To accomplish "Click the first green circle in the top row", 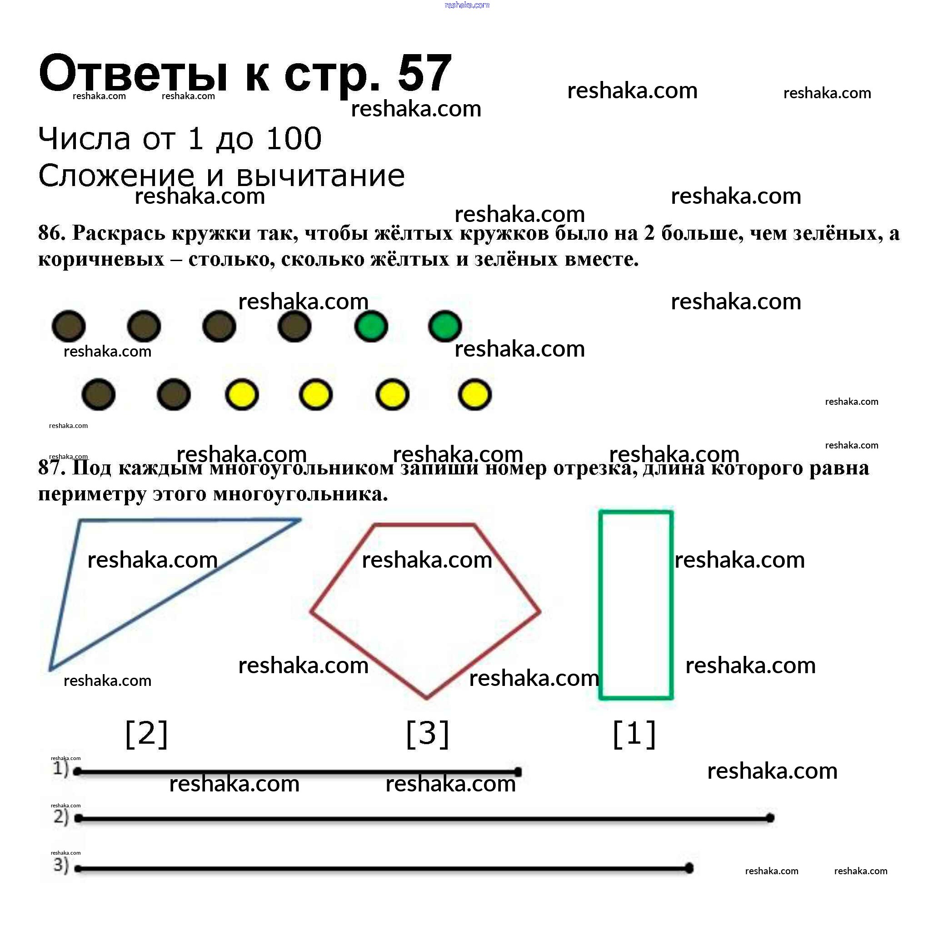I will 371,326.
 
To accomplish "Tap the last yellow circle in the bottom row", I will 474,394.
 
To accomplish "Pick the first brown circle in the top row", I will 69,326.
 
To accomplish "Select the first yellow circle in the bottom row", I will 242,394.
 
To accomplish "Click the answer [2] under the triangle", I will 147,733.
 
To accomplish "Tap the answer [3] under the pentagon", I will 427,733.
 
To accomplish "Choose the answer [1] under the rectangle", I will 634,733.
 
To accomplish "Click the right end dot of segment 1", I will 518,772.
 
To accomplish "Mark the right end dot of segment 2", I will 770,818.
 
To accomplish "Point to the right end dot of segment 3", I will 689,868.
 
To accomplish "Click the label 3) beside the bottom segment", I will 61,865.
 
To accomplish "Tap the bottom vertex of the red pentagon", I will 427,697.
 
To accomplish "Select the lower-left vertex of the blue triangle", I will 50,669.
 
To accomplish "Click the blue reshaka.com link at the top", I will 467,5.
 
